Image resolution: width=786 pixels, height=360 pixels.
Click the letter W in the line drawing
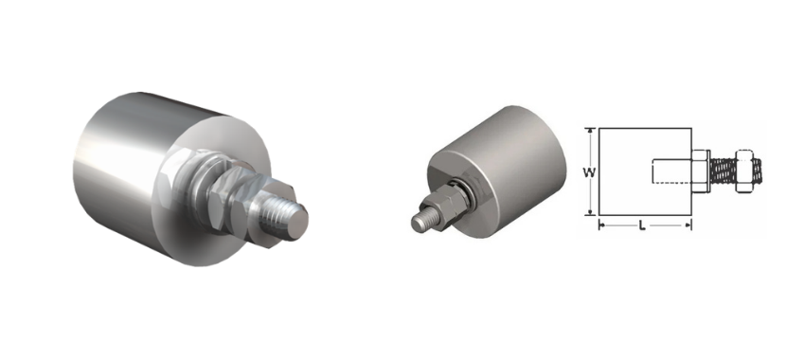click(x=589, y=172)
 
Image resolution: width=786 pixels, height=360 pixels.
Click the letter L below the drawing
click(x=642, y=226)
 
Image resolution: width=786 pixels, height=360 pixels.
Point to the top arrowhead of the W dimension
click(x=592, y=132)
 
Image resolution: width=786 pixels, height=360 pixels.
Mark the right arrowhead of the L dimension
click(x=688, y=225)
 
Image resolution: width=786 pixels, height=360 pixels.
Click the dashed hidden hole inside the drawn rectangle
click(x=672, y=171)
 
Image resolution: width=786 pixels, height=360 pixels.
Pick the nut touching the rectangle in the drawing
click(x=701, y=171)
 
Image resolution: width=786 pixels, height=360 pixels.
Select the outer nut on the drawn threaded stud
click(x=745, y=171)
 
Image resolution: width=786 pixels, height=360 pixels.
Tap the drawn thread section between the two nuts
click(x=723, y=171)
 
